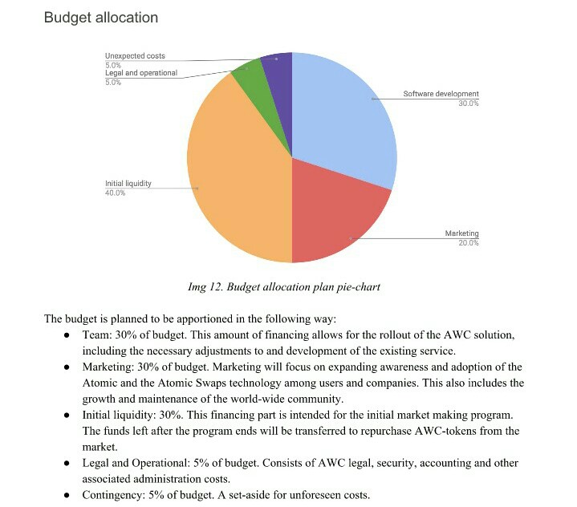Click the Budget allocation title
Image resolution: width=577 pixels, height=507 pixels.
[x=100, y=18]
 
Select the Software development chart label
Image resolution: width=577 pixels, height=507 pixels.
[x=441, y=94]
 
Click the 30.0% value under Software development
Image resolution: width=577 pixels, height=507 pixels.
[x=469, y=103]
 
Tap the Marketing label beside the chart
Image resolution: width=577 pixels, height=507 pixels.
[x=461, y=233]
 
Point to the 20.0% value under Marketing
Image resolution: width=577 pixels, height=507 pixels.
[x=469, y=243]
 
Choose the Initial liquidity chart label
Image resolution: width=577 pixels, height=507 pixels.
[x=128, y=184]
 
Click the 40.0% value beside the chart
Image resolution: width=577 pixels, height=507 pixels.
[x=115, y=193]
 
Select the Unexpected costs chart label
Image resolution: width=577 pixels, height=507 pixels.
[x=135, y=56]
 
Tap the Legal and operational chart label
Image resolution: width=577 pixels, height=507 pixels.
[x=141, y=73]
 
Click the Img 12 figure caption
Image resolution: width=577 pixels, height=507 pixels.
[x=283, y=286]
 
